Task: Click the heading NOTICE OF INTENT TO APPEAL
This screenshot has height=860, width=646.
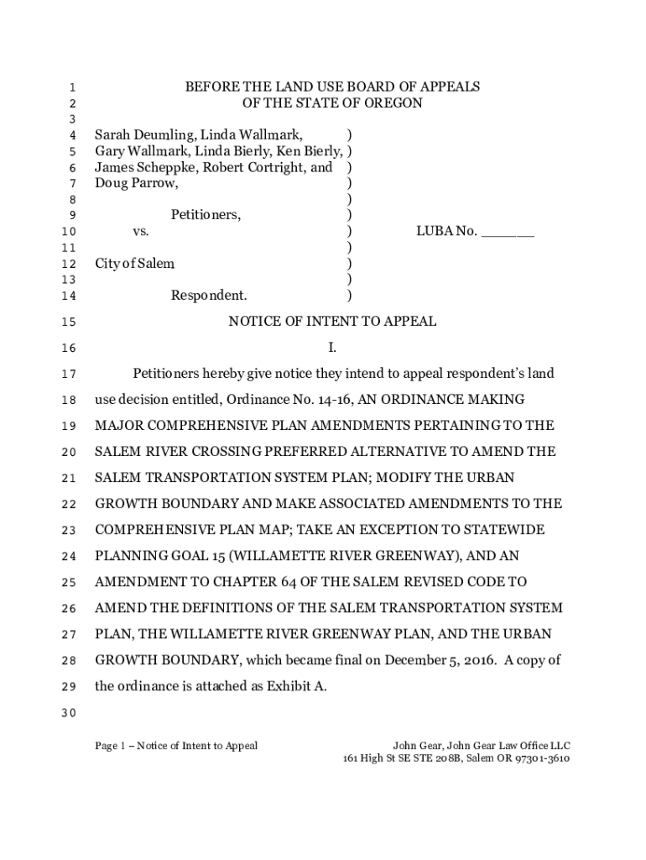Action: coord(332,322)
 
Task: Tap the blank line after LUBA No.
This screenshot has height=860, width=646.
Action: coord(508,232)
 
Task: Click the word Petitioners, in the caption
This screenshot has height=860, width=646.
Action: coord(206,215)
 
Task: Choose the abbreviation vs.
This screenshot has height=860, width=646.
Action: coord(141,231)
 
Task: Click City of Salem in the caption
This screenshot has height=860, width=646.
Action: coord(134,264)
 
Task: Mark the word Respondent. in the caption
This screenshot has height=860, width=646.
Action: coord(209,296)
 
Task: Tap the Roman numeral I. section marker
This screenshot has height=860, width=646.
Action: coord(332,348)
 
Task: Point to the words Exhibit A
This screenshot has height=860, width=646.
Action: coord(294,686)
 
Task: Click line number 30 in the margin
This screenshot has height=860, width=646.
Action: coord(69,714)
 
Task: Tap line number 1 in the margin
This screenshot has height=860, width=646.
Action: coord(72,87)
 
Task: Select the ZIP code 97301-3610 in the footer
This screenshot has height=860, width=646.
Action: coord(542,758)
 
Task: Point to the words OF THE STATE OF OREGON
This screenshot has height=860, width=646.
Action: coord(332,103)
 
